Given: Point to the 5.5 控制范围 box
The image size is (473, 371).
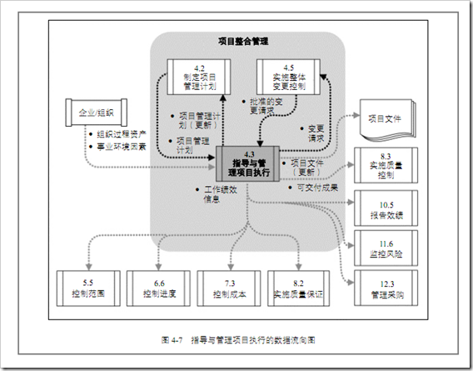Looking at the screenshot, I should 87,286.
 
